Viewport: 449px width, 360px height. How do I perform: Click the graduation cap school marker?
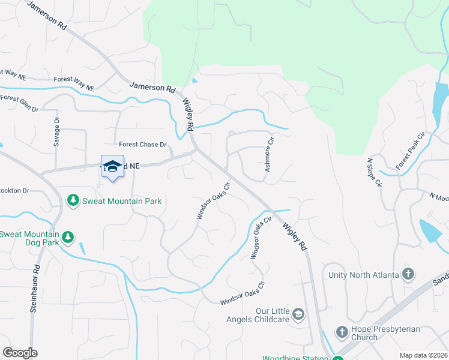click(x=112, y=166)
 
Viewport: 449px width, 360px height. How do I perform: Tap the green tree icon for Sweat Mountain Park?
click(x=73, y=200)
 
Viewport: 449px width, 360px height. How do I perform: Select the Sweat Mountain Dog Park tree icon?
click(x=68, y=237)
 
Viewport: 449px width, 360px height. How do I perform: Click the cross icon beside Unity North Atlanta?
click(x=408, y=275)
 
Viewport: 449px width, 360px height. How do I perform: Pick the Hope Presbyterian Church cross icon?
click(x=342, y=332)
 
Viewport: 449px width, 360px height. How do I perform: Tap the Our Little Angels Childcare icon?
click(x=298, y=314)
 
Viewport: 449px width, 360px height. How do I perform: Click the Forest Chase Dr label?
click(x=142, y=145)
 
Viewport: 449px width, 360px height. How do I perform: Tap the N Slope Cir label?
click(x=373, y=173)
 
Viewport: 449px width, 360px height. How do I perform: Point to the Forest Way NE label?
click(x=74, y=83)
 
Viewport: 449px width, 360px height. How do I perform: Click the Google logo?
click(x=20, y=353)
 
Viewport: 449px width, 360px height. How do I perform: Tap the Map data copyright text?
click(x=423, y=355)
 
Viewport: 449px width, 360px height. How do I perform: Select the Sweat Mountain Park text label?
click(x=122, y=201)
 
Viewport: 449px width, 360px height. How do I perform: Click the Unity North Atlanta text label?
click(x=363, y=275)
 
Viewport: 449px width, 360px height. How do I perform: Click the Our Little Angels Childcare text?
click(x=273, y=315)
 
